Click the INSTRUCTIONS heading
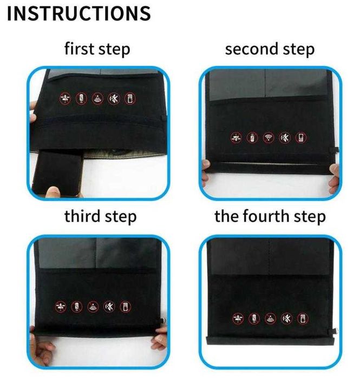pyautogui.click(x=79, y=14)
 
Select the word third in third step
pyautogui.click(x=82, y=216)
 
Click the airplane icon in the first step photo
pyautogui.click(x=66, y=98)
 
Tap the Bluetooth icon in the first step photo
pyautogui.click(x=114, y=98)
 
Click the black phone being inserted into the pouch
pyautogui.click(x=58, y=172)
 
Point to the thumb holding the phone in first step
pyautogui.click(x=53, y=191)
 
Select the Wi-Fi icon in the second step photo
pyautogui.click(x=269, y=138)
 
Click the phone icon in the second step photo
pyautogui.click(x=301, y=138)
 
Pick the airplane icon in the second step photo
pyautogui.click(x=235, y=138)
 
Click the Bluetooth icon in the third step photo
pyautogui.click(x=109, y=307)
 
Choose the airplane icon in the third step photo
pyautogui.click(x=60, y=307)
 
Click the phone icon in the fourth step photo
pyautogui.click(x=303, y=319)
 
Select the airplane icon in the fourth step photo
pyautogui.click(x=238, y=319)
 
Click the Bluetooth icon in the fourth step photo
pyautogui.click(x=287, y=319)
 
